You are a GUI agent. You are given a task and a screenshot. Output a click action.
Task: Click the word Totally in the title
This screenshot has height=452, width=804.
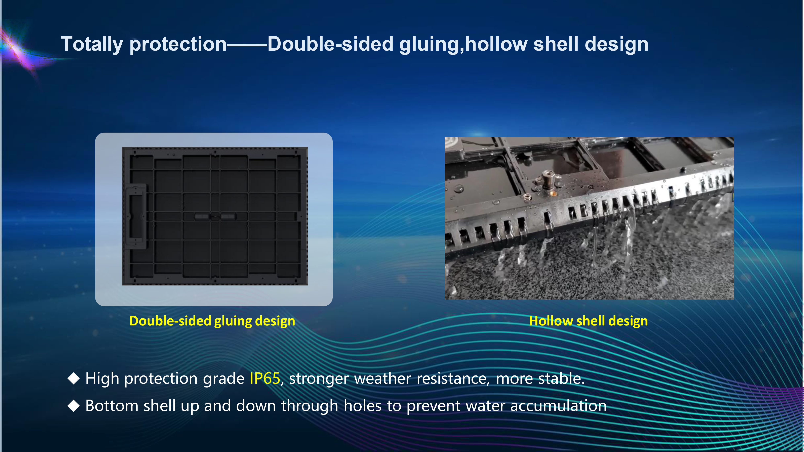tap(92, 44)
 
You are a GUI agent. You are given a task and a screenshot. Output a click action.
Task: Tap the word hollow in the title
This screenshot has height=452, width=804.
tap(496, 44)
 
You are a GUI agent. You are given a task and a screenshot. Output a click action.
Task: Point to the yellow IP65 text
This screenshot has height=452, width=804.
tap(265, 378)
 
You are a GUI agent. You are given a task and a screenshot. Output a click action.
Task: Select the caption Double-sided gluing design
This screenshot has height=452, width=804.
tap(212, 321)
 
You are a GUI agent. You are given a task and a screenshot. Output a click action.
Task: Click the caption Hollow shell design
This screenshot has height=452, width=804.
tap(588, 321)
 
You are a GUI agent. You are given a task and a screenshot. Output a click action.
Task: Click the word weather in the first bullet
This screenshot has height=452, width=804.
tap(382, 378)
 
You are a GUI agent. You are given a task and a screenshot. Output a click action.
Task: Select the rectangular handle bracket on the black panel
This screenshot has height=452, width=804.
tap(135, 216)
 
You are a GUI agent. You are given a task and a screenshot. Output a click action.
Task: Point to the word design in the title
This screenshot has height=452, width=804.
tap(616, 44)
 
